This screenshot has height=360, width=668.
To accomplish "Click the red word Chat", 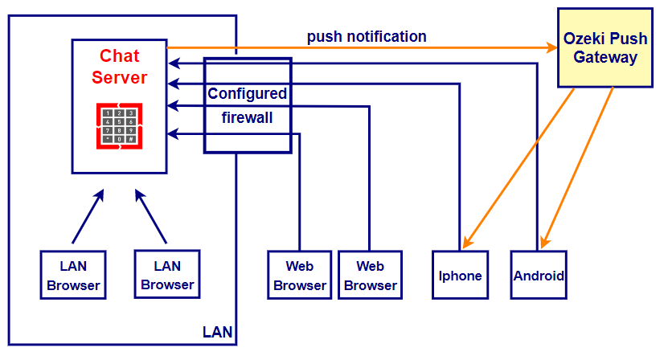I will coord(120,56).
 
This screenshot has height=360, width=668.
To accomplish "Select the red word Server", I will coord(120,77).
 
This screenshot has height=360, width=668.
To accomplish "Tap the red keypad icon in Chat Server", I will coord(120,126).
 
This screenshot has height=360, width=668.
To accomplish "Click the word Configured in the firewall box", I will coord(247,93).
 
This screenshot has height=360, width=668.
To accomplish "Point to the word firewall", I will coord(247,117).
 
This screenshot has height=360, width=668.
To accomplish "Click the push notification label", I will coord(367,36).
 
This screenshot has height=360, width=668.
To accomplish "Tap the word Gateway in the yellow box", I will coord(606,58).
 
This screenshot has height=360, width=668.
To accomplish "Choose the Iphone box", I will coord(461,275).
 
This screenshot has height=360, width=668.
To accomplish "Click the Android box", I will coord(539,275).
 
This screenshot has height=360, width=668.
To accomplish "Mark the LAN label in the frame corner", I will coord(217,332).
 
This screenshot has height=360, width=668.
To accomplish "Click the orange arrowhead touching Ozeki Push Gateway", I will coord(553,48).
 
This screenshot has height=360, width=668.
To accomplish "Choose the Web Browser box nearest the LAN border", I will coord(300,275).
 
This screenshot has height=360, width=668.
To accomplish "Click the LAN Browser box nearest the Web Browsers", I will coord(167,274).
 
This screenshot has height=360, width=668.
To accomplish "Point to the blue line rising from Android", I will coord(536,161).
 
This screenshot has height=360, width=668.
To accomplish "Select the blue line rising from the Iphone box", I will coord(460,161).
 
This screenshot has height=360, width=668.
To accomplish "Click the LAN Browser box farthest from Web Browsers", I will coord(73,275).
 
